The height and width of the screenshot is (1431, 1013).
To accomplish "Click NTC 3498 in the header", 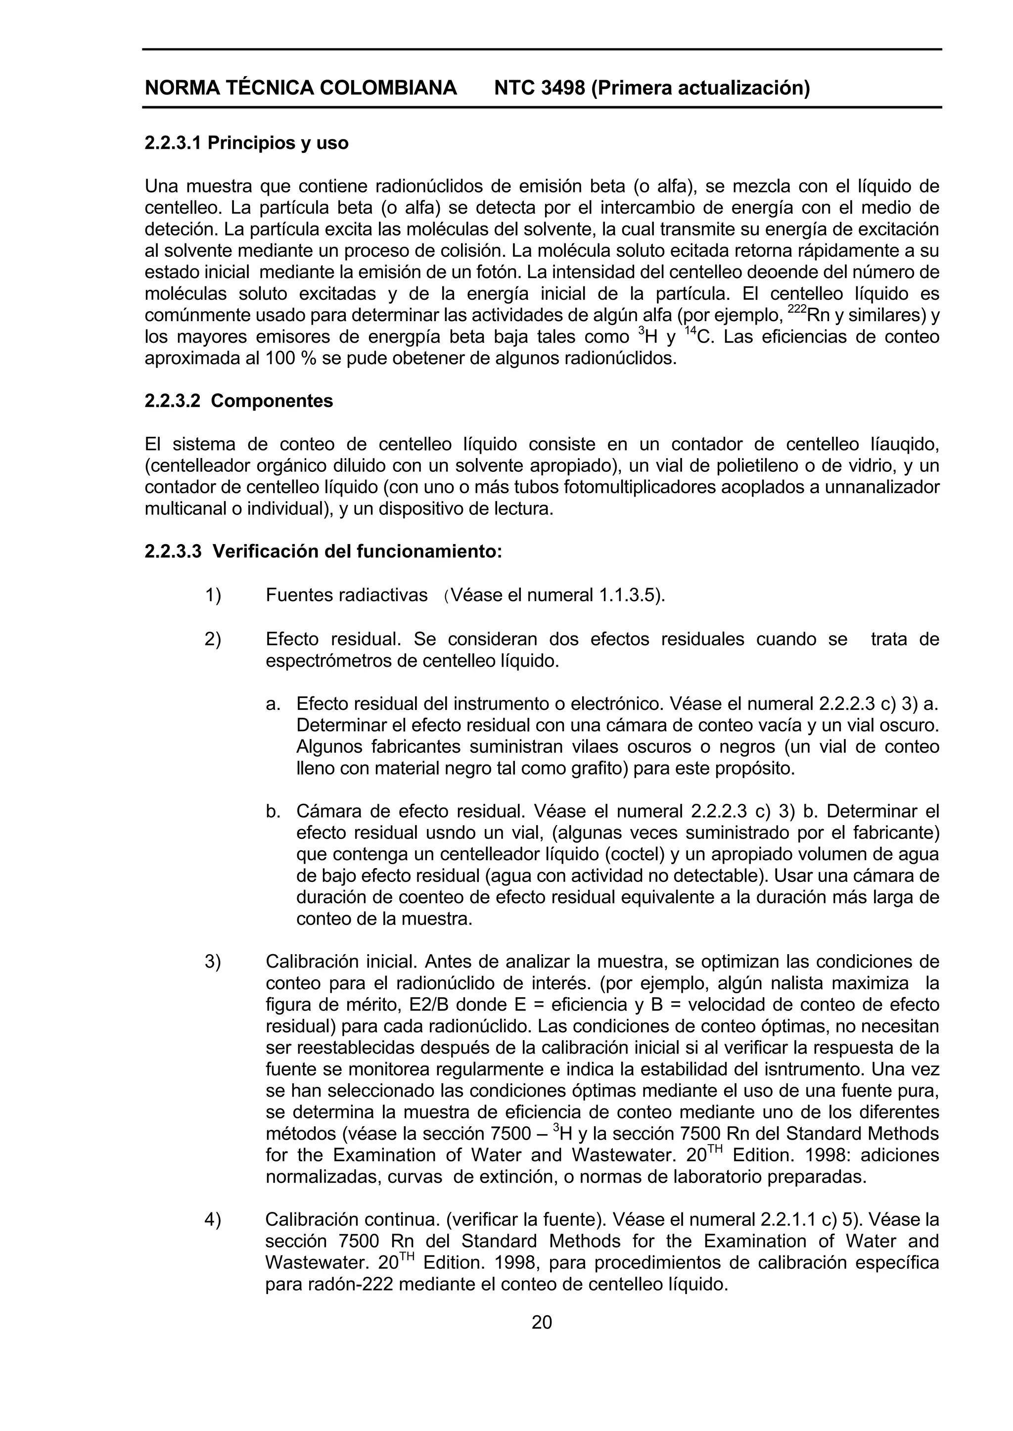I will click(540, 88).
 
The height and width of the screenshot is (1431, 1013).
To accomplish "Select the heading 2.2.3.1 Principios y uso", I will click(246, 143).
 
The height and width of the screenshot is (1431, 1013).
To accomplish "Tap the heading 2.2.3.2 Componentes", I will click(239, 401).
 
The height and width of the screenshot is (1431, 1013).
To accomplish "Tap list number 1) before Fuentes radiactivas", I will click(213, 595).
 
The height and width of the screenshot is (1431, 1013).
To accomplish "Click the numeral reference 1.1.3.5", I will click(628, 595).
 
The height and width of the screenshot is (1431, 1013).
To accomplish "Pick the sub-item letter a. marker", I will click(273, 704).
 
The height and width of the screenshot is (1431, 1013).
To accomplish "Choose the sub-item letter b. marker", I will click(273, 812).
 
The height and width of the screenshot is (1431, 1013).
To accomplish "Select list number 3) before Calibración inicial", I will click(213, 961).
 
